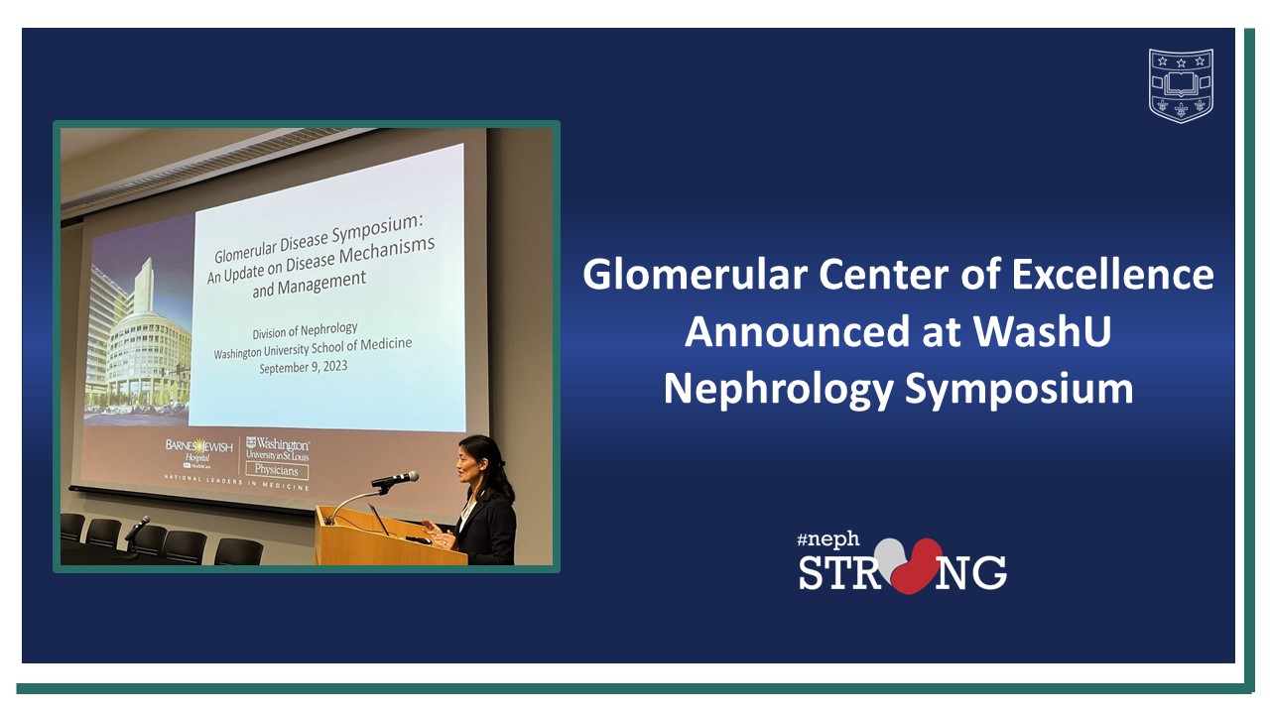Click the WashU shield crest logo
1181,85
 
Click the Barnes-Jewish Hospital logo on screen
199,449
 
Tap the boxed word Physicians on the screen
277,471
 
